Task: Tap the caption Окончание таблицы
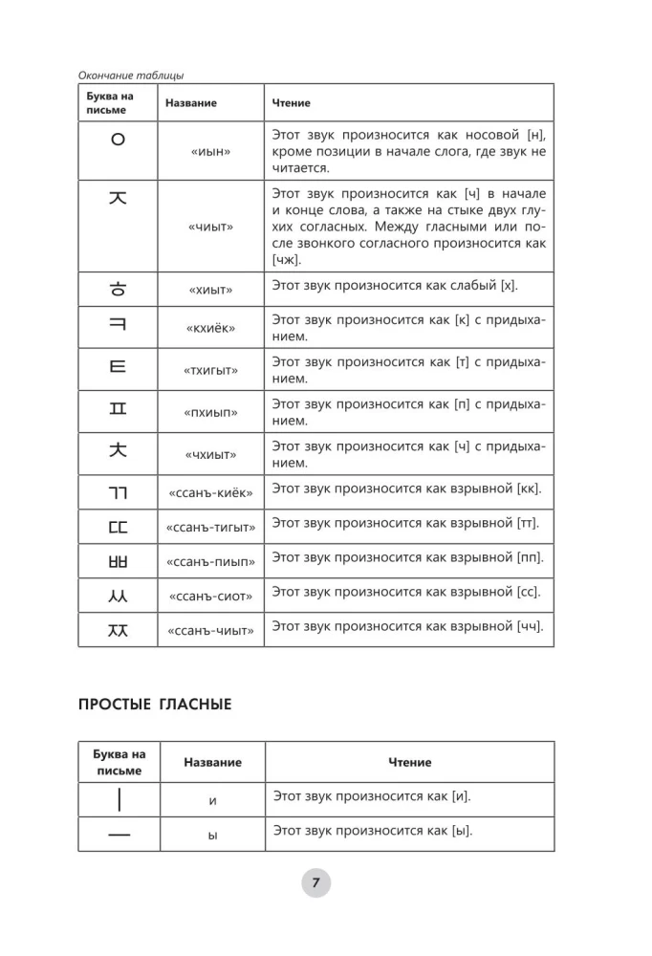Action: tap(130, 76)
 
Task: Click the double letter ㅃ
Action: tap(119, 557)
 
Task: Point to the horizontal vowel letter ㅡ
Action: tap(119, 835)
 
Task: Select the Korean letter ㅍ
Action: tap(119, 411)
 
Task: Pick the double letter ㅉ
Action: tap(119, 628)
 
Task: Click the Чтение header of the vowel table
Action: tap(409, 762)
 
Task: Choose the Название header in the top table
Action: tap(191, 102)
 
